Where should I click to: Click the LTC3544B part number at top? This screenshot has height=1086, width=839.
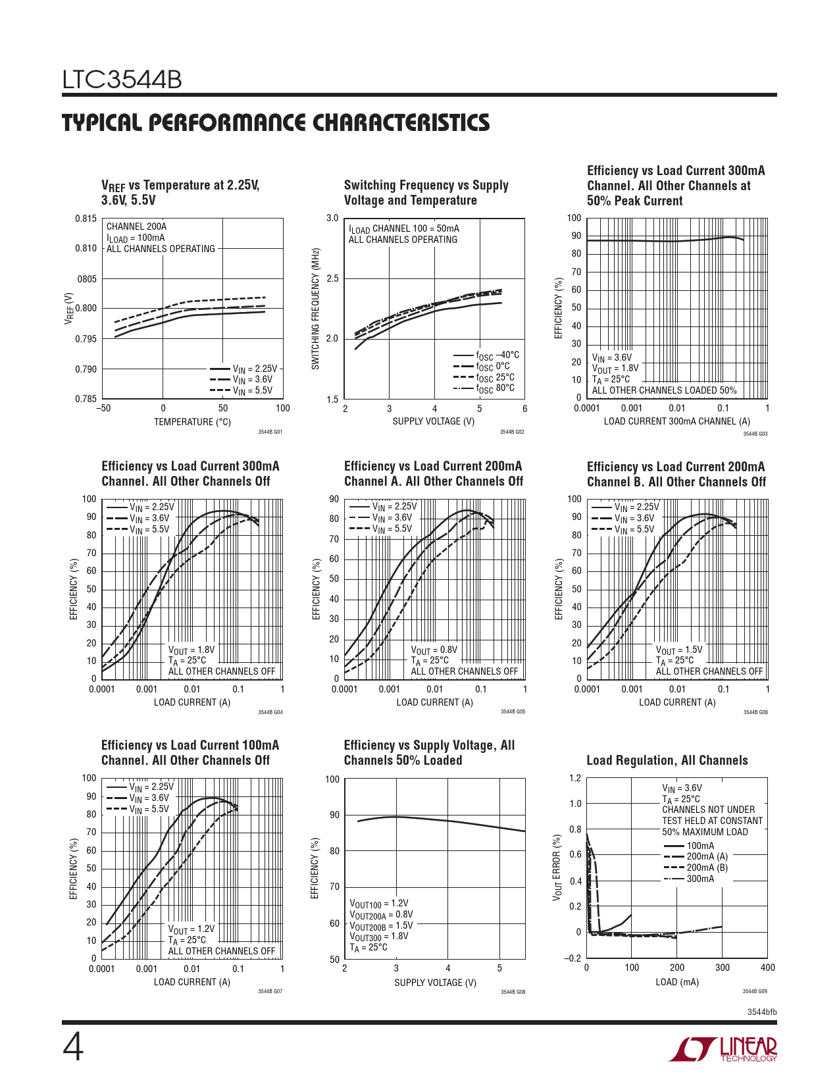pos(122,80)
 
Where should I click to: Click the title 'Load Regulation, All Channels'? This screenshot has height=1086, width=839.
pos(667,761)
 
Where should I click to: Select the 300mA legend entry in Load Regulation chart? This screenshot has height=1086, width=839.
pos(699,879)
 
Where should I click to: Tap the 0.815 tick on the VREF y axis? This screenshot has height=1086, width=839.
pos(86,219)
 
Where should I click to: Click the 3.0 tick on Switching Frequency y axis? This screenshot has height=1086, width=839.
pos(332,219)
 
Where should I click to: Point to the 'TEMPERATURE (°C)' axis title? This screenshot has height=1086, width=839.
pos(192,422)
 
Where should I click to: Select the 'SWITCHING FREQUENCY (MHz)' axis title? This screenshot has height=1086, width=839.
pos(316,309)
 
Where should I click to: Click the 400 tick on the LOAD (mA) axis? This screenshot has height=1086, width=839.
pos(767,968)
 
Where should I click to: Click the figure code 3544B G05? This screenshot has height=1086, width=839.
pos(513,712)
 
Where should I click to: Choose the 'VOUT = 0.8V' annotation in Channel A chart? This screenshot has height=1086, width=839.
pos(434,650)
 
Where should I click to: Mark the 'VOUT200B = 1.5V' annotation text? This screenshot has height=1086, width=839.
pos(381,925)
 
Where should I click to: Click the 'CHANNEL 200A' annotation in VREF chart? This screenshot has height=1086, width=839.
pos(136,226)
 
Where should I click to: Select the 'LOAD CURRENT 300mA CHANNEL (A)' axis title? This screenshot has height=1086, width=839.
pos(676,421)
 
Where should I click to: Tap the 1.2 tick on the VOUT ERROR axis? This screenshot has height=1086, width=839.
pos(575,779)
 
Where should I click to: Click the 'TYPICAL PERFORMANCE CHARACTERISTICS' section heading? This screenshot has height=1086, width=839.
pos(276,123)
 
